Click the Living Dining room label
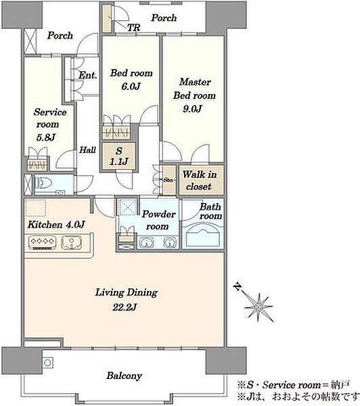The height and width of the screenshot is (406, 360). point(127,300)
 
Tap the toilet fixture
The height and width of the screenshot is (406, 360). point(43,183)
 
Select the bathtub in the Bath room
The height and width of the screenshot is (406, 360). point(203,235)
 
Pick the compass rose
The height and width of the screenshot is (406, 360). point(258,307)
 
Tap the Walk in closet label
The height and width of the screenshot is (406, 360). point(200,180)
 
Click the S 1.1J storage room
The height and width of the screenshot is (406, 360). point(119,156)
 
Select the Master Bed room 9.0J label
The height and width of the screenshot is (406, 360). point(194,95)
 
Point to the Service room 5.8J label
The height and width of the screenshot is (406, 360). point(49,125)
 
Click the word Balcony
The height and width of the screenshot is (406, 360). point(125,376)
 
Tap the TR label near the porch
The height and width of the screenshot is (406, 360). point(133,28)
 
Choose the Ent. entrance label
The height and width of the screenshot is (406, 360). point(88,75)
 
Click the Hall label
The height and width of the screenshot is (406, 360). point(87,150)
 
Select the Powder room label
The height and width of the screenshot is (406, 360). point(158,220)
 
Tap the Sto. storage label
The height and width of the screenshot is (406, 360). point(168,180)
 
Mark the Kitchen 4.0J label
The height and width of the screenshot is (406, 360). point(56,225)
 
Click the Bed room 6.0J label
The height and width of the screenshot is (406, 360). point(131,79)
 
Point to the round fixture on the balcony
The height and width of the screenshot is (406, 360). point(47,363)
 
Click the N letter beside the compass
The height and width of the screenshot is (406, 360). point(238,287)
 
